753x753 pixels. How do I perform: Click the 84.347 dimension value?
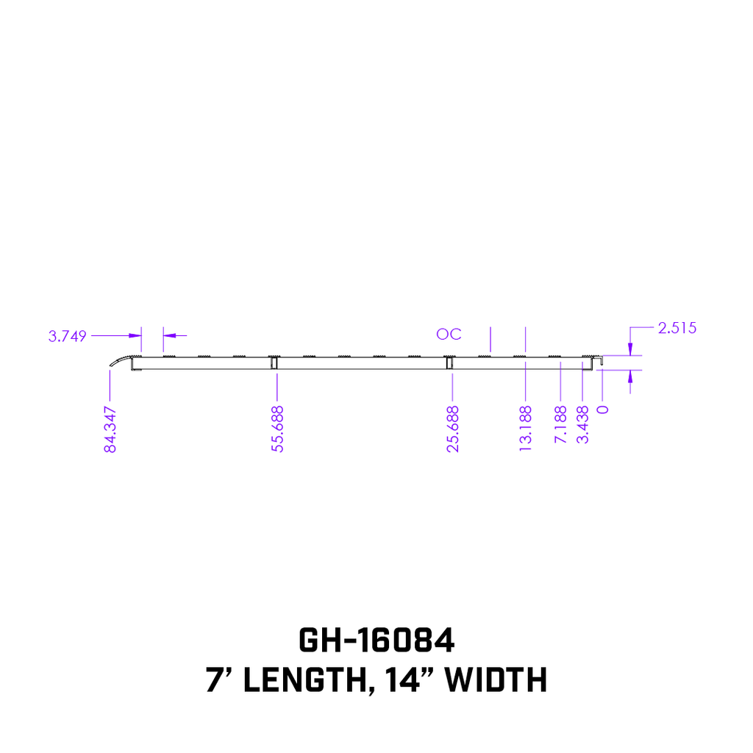click(x=110, y=429)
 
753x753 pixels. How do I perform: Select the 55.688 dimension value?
click(x=278, y=429)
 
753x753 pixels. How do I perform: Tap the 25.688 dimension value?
click(x=453, y=429)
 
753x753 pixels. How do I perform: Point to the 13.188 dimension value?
click(x=526, y=429)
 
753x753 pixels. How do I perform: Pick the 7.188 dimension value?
click(x=561, y=425)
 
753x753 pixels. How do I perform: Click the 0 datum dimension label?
click(x=604, y=410)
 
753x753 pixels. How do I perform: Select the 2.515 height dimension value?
click(x=677, y=328)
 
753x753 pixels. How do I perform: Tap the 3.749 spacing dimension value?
click(x=68, y=336)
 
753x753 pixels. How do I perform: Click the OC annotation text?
click(x=449, y=335)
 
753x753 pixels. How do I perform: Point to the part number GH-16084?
click(x=376, y=640)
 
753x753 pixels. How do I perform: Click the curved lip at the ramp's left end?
click(x=118, y=360)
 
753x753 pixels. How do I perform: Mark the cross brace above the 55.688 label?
click(x=273, y=363)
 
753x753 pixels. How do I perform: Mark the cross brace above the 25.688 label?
click(x=448, y=363)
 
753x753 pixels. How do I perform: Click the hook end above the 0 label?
click(x=601, y=360)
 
